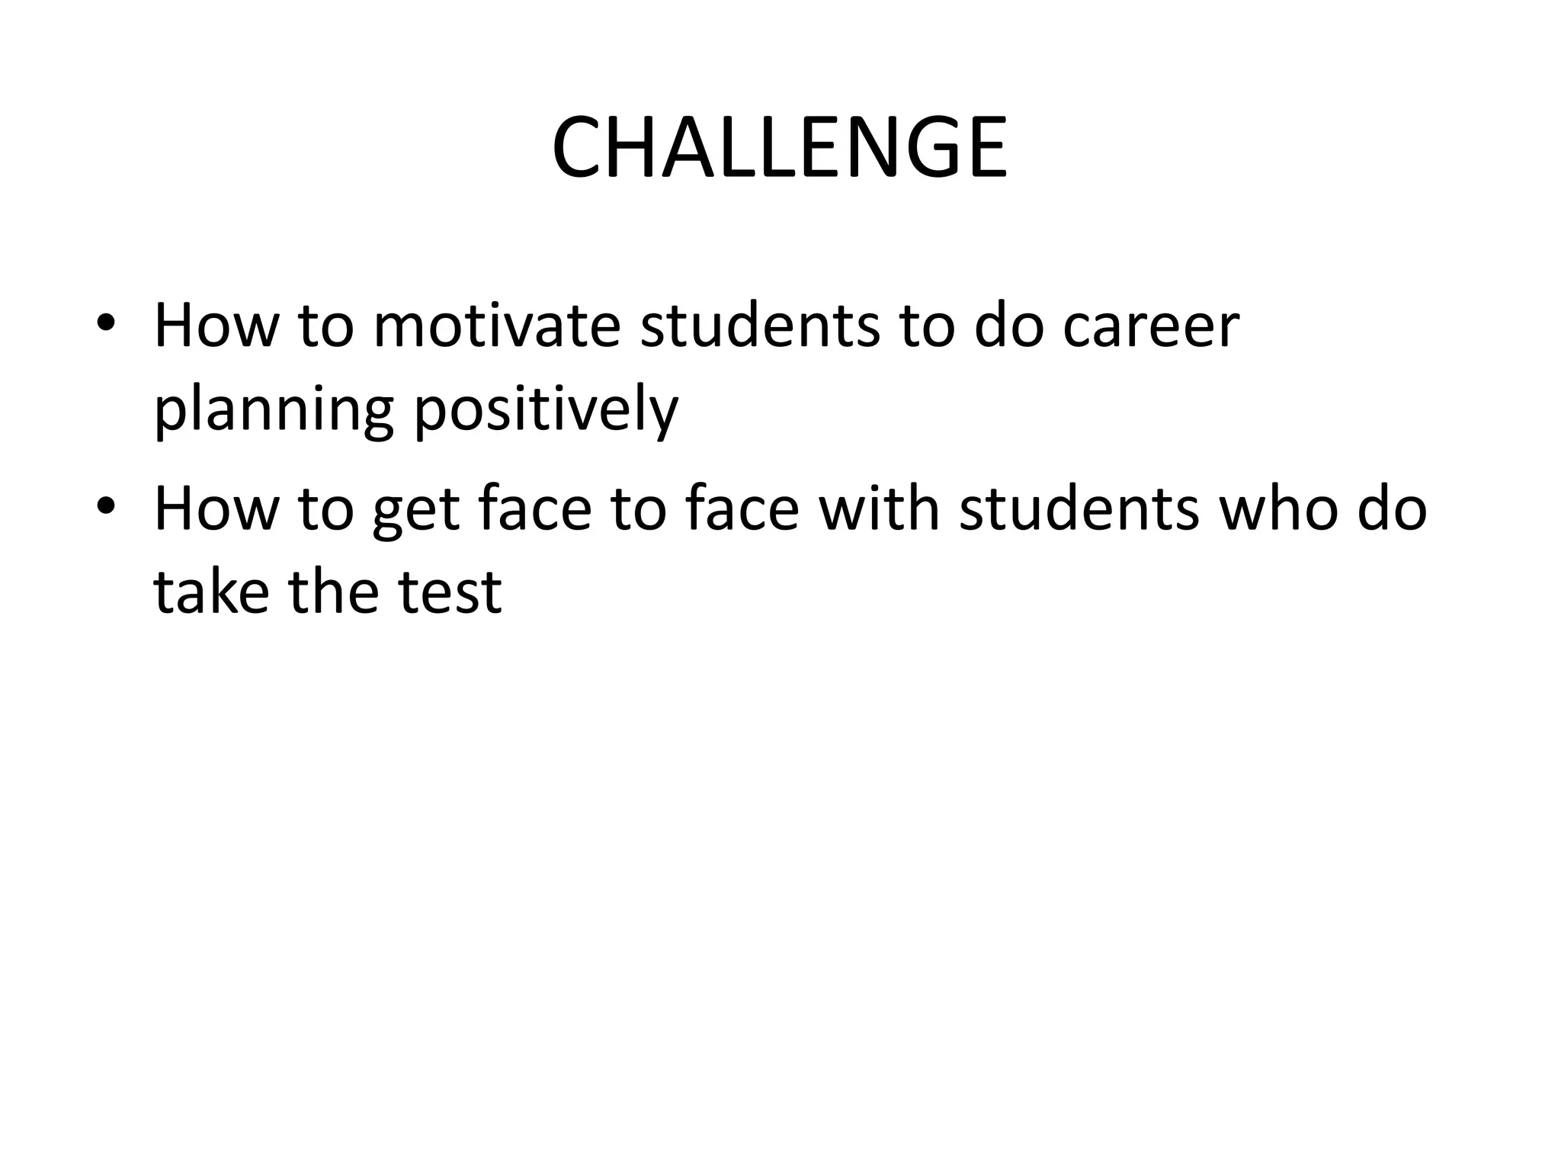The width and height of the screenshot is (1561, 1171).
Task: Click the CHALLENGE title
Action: coord(780,148)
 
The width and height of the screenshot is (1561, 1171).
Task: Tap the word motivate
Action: coord(496,326)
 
